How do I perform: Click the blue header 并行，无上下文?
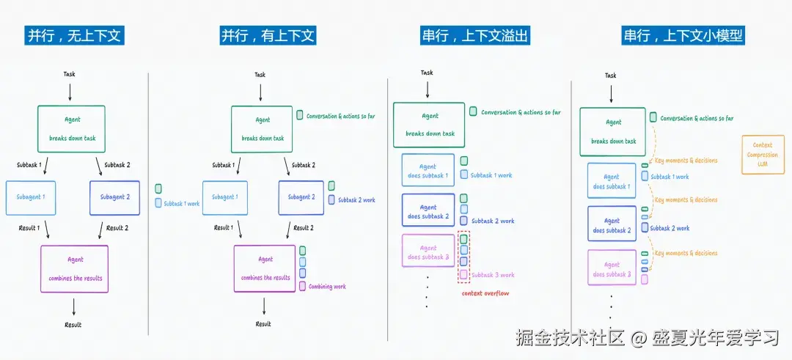point(73,35)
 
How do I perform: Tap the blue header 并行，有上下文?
point(269,35)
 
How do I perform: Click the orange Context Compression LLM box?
point(763,155)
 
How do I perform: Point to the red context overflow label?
point(485,293)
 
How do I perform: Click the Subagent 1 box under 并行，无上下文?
point(31,197)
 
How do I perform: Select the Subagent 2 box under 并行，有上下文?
point(300,197)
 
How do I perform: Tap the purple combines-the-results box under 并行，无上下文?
point(75,268)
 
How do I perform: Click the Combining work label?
point(327,287)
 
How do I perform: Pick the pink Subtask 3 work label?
point(493,275)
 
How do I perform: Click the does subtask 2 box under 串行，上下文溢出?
point(428,211)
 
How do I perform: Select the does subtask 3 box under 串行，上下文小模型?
point(612,269)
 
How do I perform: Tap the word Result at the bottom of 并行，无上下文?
point(73,325)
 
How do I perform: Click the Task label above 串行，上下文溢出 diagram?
point(427,73)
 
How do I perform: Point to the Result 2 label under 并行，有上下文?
point(304,228)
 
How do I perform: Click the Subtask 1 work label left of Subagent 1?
point(182,204)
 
